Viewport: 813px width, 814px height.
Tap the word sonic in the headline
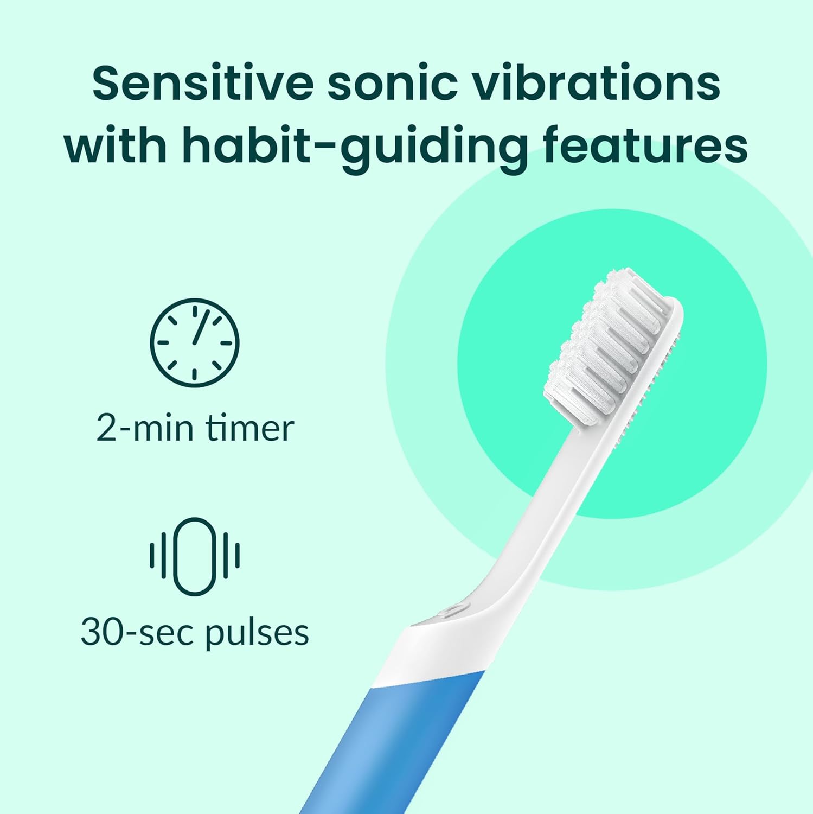click(392, 83)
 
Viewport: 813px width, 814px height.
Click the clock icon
click(194, 342)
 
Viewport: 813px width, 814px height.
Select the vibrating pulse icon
click(194, 556)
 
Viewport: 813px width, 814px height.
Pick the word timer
click(249, 428)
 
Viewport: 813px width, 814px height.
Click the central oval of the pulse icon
click(194, 556)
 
